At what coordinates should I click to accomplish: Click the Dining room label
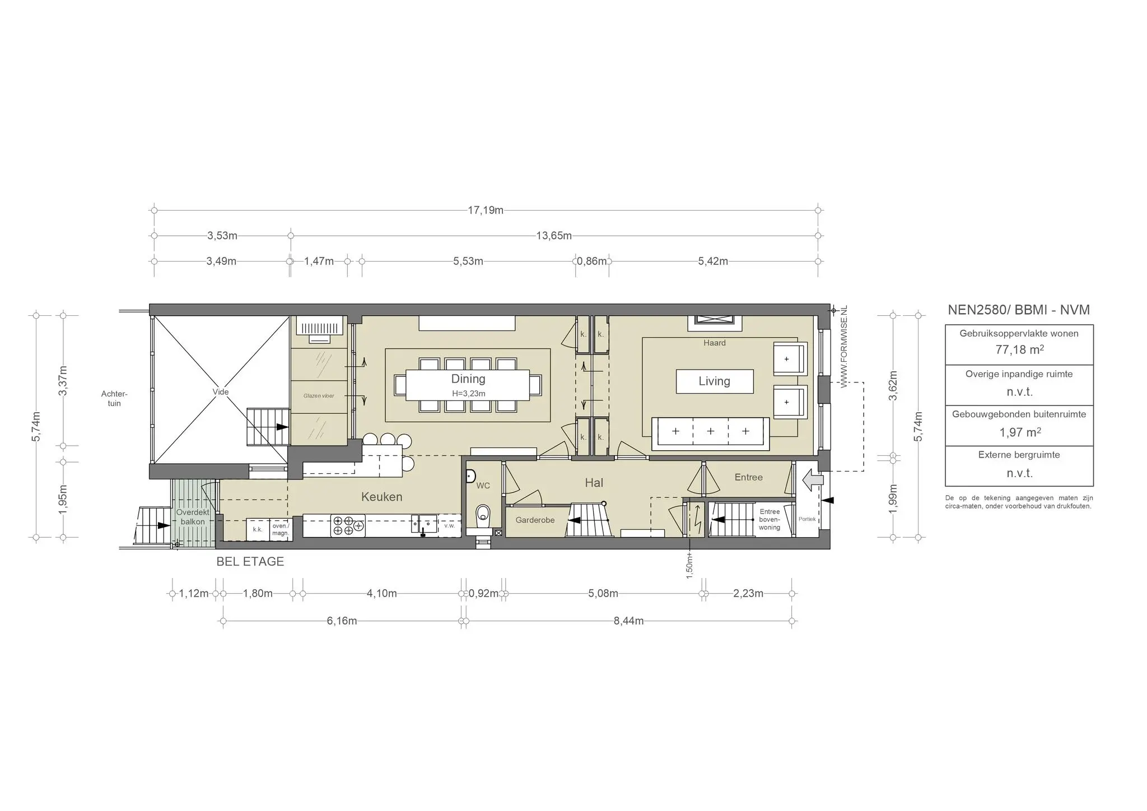pyautogui.click(x=468, y=379)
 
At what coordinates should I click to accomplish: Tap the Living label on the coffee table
pyautogui.click(x=714, y=381)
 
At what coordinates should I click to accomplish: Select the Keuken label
pyautogui.click(x=381, y=497)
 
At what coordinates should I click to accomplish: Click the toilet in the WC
pyautogui.click(x=482, y=515)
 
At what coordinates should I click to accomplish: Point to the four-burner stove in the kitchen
pyautogui.click(x=348, y=525)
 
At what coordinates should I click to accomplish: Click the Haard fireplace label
pyautogui.click(x=714, y=343)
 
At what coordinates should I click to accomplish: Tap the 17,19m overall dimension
pyautogui.click(x=486, y=211)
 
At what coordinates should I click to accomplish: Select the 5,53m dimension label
pyautogui.click(x=468, y=261)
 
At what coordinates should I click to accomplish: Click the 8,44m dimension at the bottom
pyautogui.click(x=628, y=621)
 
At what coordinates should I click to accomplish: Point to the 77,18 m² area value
pyautogui.click(x=1019, y=350)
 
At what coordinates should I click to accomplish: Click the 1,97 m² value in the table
pyautogui.click(x=1019, y=432)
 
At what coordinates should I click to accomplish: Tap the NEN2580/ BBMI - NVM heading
pyautogui.click(x=1018, y=310)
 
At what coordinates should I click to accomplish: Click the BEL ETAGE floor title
pyautogui.click(x=250, y=561)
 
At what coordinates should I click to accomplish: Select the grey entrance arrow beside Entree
pyautogui.click(x=813, y=480)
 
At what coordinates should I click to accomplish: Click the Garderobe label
pyautogui.click(x=535, y=520)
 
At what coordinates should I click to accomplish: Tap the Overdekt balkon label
pyautogui.click(x=193, y=517)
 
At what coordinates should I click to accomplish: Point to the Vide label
pyautogui.click(x=221, y=392)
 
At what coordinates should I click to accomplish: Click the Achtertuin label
pyautogui.click(x=114, y=399)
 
